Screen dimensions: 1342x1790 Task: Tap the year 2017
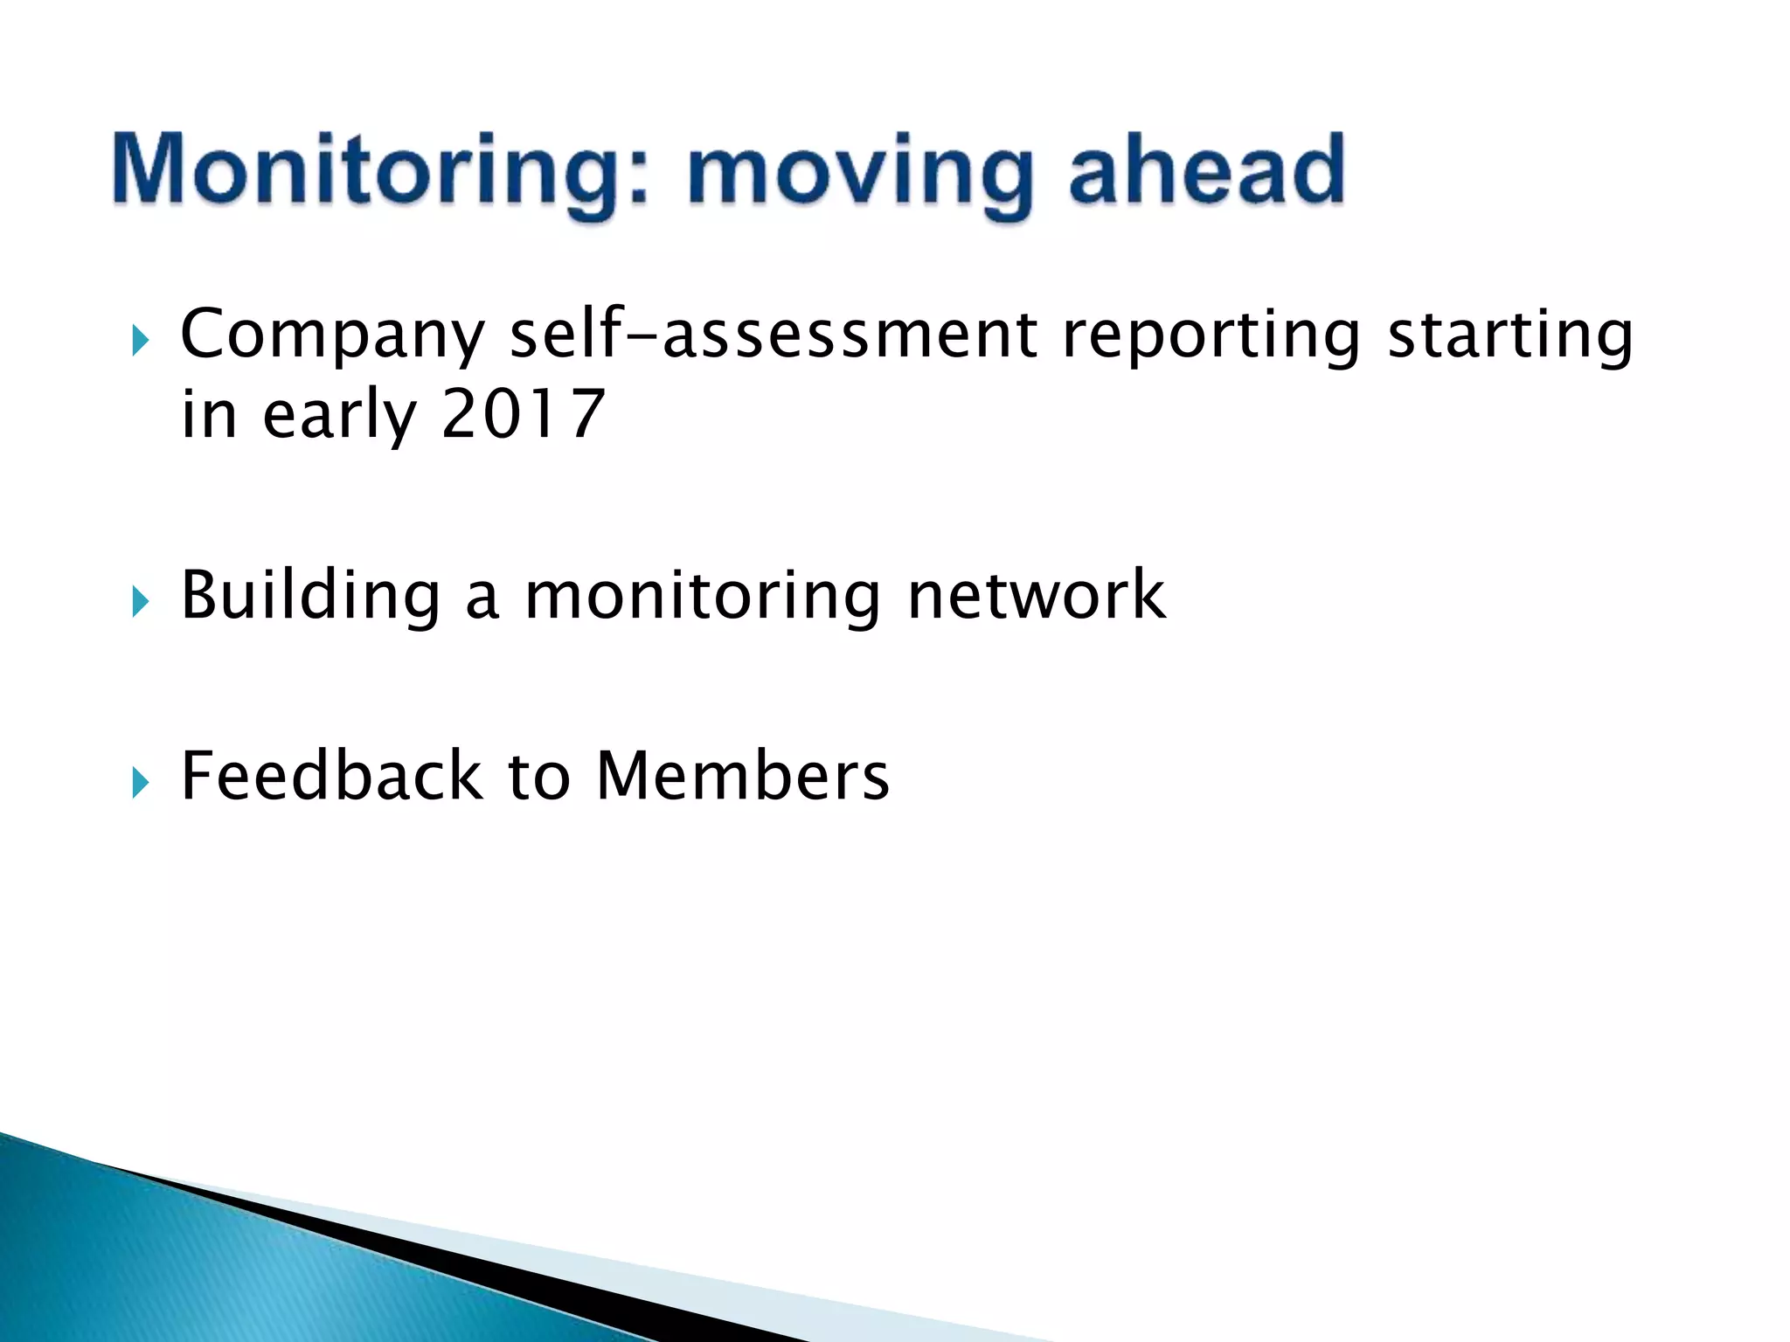point(523,414)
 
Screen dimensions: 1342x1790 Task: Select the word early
point(339,416)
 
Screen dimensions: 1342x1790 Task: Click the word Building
point(310,596)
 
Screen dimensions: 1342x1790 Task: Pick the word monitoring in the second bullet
point(702,596)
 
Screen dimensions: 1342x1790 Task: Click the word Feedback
point(330,775)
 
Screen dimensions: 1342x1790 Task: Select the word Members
point(742,775)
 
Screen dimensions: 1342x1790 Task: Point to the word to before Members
point(538,777)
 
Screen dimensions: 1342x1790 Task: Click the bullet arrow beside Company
point(140,341)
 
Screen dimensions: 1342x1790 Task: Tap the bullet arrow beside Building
point(140,602)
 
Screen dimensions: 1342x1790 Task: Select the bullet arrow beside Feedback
point(140,782)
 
